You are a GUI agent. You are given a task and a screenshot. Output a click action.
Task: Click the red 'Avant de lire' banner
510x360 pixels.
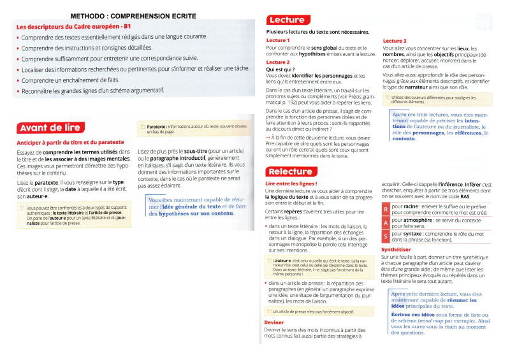pyautogui.click(x=50, y=127)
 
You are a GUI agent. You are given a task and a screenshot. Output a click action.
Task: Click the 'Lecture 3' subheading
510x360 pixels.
pyautogui.click(x=395, y=41)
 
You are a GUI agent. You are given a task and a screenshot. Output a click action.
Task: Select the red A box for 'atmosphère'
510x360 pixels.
pyautogui.click(x=386, y=223)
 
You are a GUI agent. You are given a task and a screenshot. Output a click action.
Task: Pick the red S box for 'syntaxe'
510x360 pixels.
pyautogui.click(x=386, y=237)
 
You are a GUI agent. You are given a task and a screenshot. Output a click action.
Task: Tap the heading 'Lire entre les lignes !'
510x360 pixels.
pyautogui.click(x=290, y=184)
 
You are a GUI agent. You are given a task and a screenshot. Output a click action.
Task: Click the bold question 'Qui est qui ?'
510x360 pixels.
pyautogui.click(x=281, y=69)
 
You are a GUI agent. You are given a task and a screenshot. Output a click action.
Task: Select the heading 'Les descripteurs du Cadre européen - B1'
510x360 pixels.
pyautogui.click(x=73, y=27)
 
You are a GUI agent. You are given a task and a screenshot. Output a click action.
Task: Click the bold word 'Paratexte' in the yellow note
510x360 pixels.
pyautogui.click(x=156, y=127)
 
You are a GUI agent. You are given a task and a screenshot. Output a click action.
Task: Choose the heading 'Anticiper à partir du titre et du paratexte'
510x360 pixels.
pyautogui.click(x=70, y=142)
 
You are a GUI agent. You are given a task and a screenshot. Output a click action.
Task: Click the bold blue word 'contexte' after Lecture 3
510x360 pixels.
pyautogui.click(x=404, y=138)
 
